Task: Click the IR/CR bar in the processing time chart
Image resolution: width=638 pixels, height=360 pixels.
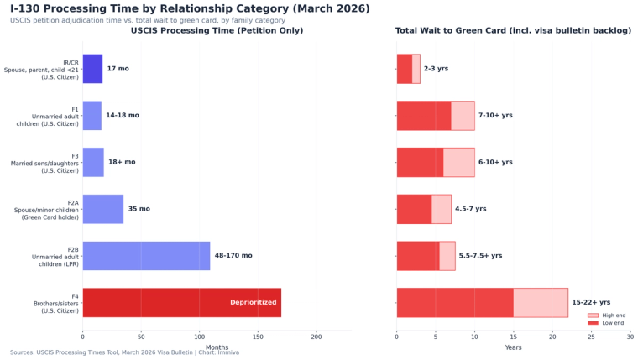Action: (92, 69)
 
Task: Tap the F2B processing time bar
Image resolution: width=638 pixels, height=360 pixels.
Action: (146, 256)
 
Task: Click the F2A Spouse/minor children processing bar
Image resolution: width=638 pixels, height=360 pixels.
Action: (102, 209)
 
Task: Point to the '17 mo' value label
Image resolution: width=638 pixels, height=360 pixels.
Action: (118, 69)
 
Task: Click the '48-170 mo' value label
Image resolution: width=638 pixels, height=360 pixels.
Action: (233, 256)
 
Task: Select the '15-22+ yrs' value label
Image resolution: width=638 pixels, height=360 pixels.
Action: (591, 302)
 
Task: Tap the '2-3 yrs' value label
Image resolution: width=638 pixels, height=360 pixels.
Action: (436, 69)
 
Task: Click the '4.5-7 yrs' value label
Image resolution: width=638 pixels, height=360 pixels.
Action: (470, 209)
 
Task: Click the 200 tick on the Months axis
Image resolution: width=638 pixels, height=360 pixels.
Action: (316, 336)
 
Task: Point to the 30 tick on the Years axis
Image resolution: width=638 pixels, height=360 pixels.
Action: (630, 336)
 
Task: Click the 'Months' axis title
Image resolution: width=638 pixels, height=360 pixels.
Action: (217, 347)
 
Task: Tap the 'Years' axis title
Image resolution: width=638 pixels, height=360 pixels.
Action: (513, 347)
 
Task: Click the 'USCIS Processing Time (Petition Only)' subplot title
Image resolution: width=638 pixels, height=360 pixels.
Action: (217, 31)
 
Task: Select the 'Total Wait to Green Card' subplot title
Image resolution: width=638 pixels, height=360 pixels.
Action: (513, 31)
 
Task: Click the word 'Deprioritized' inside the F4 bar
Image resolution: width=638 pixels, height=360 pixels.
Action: (253, 302)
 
